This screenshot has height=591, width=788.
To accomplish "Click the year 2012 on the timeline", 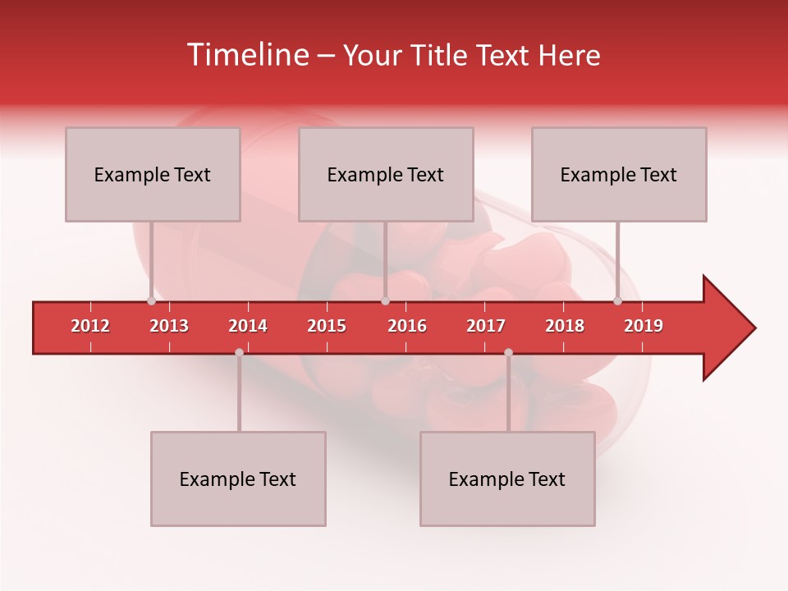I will click(x=90, y=326).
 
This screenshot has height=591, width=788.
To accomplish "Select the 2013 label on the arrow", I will click(x=169, y=326).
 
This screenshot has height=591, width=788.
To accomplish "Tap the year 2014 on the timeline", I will click(x=248, y=326).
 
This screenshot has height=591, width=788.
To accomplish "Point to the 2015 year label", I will click(x=327, y=326).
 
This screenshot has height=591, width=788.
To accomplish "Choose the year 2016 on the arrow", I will click(x=407, y=326).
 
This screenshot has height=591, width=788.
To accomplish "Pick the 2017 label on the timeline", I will click(x=486, y=326).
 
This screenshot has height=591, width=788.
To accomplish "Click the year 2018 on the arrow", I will click(x=565, y=326).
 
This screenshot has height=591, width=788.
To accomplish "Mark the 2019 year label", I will click(x=644, y=326).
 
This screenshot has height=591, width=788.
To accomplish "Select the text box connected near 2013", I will click(x=153, y=174).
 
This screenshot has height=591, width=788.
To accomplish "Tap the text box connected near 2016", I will click(x=386, y=174).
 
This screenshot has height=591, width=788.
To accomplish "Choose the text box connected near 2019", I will click(x=619, y=174).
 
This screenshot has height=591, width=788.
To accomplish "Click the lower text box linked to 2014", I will click(x=238, y=479).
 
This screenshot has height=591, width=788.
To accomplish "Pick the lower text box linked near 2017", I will click(x=507, y=479).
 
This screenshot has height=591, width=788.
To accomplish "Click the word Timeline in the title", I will click(x=246, y=55).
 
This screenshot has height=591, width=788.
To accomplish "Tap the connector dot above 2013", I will click(x=151, y=301).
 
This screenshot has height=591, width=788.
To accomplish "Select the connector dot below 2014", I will click(x=239, y=352).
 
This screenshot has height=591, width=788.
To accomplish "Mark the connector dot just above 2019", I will click(x=617, y=301).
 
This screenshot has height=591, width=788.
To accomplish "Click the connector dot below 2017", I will click(x=508, y=352).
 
